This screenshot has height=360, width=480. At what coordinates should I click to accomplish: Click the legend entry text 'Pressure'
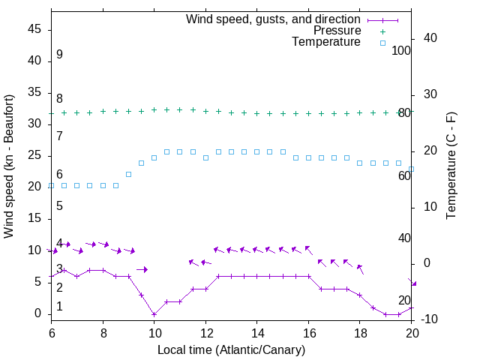click(x=337, y=31)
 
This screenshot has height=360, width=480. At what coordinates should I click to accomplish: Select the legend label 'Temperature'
click(x=326, y=43)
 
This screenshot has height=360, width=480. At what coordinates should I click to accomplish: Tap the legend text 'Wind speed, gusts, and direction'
click(x=274, y=19)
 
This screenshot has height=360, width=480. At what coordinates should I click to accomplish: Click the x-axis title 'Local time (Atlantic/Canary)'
click(x=231, y=350)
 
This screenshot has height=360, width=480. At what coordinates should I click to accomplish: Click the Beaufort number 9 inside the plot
click(x=59, y=55)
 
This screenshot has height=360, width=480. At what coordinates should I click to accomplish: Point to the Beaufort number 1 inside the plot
click(x=59, y=307)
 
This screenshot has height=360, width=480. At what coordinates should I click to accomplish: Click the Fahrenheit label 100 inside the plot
click(x=401, y=50)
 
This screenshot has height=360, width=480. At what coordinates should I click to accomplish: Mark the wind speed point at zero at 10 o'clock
click(x=154, y=314)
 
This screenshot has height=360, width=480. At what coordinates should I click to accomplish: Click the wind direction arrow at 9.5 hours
click(x=142, y=269)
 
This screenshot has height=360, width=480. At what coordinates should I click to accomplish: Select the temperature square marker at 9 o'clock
click(x=128, y=174)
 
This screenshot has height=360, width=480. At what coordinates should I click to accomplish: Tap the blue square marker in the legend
click(x=382, y=43)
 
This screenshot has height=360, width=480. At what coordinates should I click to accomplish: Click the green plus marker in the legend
click(x=382, y=31)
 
